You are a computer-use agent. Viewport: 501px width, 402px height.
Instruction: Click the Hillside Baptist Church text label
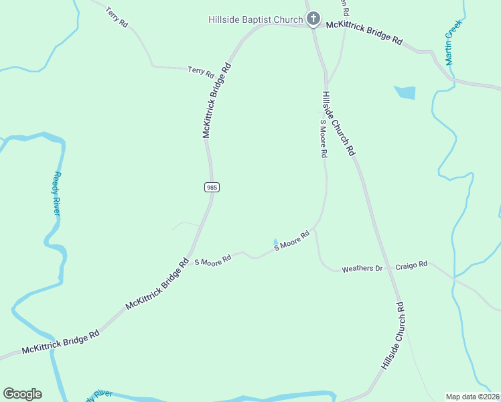point(255,19)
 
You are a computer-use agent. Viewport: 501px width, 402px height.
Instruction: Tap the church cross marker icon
point(312,18)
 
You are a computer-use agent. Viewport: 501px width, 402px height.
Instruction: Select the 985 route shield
point(212,188)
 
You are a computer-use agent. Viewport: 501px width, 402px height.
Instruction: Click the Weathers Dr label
point(362,269)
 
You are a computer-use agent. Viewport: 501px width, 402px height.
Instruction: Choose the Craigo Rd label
point(411,265)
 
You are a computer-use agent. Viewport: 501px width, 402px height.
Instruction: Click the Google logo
point(22,394)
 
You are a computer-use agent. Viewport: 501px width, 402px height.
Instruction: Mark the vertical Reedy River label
point(58,193)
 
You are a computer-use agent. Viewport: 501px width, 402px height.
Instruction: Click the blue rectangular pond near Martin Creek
point(405,92)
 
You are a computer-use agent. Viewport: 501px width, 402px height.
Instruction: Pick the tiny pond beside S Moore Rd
point(275,242)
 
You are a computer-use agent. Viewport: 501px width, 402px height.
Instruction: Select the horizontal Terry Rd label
point(200,71)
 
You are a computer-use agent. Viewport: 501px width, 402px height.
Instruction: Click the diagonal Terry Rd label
point(117,18)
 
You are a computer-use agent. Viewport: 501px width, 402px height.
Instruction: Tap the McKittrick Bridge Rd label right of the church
point(364,33)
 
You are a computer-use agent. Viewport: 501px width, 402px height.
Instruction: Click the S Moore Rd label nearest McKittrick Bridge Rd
point(212,259)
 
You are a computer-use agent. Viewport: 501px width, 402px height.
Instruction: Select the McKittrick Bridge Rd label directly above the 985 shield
point(218,100)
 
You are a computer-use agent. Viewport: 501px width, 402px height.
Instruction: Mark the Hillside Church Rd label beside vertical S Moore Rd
point(338,124)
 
